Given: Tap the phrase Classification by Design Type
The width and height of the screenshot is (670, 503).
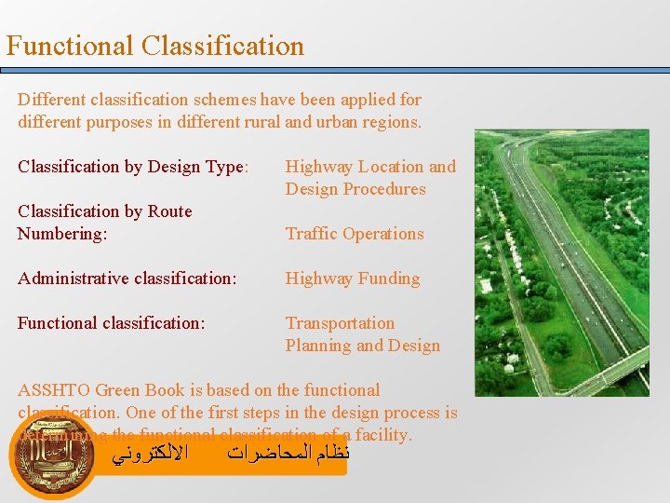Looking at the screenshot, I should [132, 167].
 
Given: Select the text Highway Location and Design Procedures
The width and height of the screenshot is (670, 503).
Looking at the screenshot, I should [370, 178].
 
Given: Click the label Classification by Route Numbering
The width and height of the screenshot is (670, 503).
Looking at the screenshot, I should [104, 223].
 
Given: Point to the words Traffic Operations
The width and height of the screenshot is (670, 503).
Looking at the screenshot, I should [354, 234].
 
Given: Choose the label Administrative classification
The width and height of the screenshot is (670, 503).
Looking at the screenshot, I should [127, 279].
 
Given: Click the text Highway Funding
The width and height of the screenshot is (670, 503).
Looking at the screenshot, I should [352, 279].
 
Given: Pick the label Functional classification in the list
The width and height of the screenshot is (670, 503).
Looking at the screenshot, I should [111, 323].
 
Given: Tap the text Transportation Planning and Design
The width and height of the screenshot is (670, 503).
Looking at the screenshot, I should [362, 334].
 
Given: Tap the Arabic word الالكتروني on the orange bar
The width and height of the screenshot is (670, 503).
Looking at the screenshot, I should [149, 455].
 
